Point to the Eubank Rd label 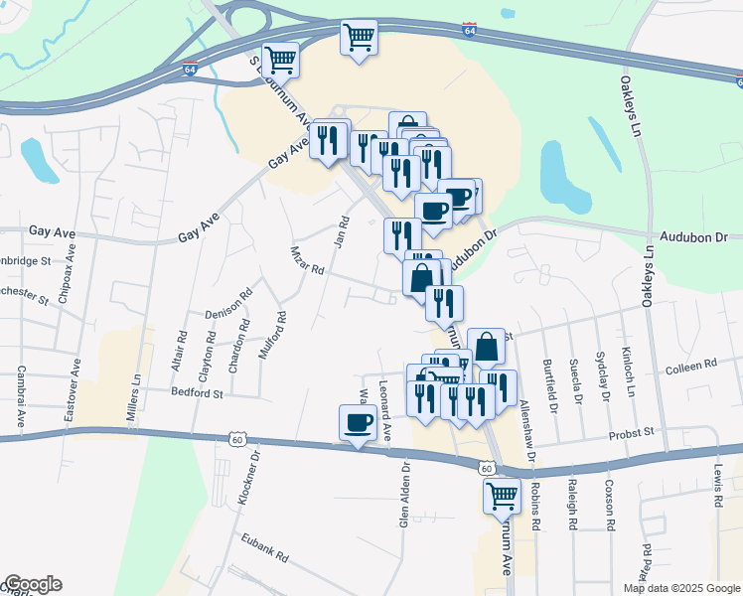(264, 547)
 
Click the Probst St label (632, 432)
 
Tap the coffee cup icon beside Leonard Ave (359, 424)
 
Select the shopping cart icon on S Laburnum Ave (281, 60)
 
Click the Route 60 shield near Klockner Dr (235, 438)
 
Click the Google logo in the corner (33, 584)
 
